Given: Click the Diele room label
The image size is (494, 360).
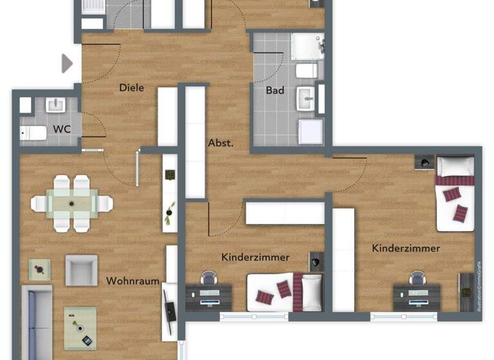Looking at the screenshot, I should (x=131, y=88).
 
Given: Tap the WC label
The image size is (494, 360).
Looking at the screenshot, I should (x=62, y=129).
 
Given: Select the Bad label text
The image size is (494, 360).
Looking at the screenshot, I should (x=275, y=91).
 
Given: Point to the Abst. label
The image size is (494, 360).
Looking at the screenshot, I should (x=220, y=143).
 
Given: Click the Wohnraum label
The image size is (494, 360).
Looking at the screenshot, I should (x=133, y=281).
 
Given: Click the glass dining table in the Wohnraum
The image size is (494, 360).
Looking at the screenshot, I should (x=71, y=204).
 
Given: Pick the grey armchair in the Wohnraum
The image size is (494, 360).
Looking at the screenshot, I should (x=82, y=270).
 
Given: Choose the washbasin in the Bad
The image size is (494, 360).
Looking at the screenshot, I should (x=307, y=98).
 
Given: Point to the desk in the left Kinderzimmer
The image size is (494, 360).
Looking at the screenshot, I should (x=210, y=296).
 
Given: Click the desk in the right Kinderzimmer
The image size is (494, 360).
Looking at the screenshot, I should (x=417, y=296).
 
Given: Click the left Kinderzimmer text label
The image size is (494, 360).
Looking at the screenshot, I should (x=255, y=257).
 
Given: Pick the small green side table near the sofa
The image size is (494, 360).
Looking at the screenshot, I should (x=40, y=269).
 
